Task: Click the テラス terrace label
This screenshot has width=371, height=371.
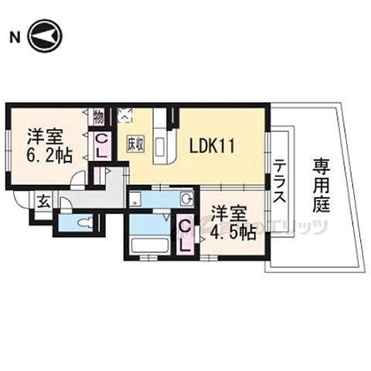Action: (x=280, y=181)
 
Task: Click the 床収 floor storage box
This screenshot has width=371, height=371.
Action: (x=135, y=144)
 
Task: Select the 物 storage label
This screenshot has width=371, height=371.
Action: (x=99, y=117)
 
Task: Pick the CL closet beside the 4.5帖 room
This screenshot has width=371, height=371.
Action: (x=185, y=234)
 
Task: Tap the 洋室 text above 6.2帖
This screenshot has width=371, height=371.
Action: (x=46, y=135)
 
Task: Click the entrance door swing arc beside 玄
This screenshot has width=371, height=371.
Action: (x=65, y=203)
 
